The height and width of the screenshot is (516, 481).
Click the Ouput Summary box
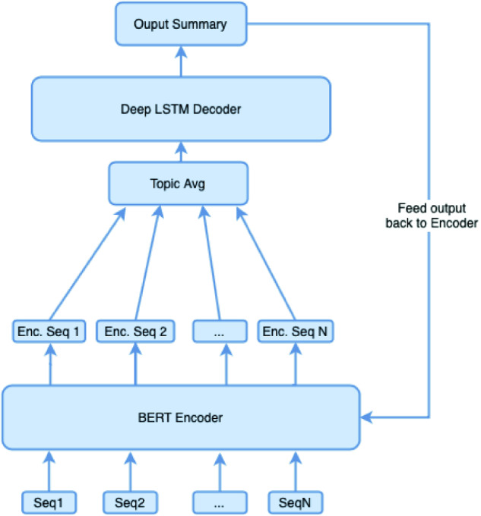click(181, 24)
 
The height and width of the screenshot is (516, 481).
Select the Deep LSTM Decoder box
click(181, 109)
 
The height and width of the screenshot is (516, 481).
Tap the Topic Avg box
click(179, 184)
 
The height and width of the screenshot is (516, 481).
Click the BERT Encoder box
click(181, 417)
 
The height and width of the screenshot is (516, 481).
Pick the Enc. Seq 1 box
click(49, 331)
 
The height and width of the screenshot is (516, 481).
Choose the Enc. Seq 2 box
click(135, 331)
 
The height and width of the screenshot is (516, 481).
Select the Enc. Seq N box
click(295, 331)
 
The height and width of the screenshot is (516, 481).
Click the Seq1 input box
click(49, 502)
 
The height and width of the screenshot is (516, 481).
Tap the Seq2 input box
click(130, 502)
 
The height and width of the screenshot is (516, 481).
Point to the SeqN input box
click(295, 502)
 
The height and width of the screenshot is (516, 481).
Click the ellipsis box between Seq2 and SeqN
click(220, 502)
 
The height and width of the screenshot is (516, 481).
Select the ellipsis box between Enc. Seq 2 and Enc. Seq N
click(220, 331)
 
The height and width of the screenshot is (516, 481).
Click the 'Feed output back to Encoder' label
click(432, 216)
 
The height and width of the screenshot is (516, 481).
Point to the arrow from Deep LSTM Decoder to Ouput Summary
click(181, 61)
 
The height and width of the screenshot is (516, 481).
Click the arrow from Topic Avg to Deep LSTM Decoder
click(181, 152)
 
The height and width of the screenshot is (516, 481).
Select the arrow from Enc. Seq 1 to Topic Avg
click(87, 263)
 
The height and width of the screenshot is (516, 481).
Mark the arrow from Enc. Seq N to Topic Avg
click(265, 263)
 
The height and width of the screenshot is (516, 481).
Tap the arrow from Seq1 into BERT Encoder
click(49, 471)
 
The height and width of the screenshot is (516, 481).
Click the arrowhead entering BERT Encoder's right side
click(366, 417)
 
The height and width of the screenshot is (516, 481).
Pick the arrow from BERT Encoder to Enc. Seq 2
click(135, 364)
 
